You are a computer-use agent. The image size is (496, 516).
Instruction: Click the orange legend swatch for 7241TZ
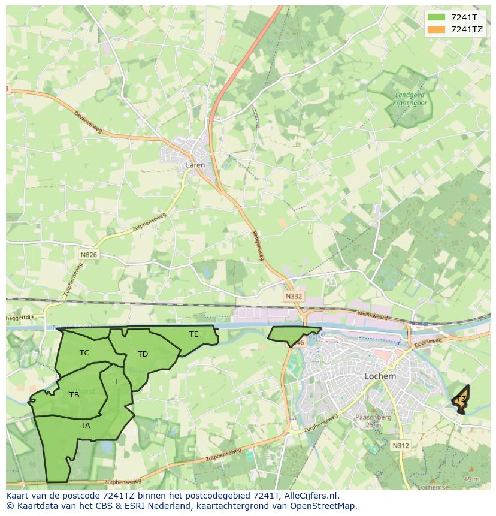point(437,29)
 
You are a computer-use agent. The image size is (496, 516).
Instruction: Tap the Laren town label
point(195,165)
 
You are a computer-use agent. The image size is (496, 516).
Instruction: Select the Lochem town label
point(380,376)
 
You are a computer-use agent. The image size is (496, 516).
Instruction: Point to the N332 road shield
point(294,297)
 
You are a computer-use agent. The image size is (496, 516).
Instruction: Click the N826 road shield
point(88,255)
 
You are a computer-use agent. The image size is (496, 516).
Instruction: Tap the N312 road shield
point(401,445)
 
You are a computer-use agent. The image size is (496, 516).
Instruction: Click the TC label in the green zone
point(84,353)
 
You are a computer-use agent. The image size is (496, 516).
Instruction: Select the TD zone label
point(143,354)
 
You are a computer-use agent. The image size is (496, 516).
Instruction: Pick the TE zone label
point(193,334)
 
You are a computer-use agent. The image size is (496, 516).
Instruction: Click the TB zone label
point(74,395)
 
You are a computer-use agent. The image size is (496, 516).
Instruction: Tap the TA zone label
point(86,425)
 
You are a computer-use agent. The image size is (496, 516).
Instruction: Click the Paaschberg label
point(373,417)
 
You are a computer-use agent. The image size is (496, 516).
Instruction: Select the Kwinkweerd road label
point(373,315)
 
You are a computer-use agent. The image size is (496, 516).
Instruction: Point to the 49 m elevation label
point(471,479)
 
